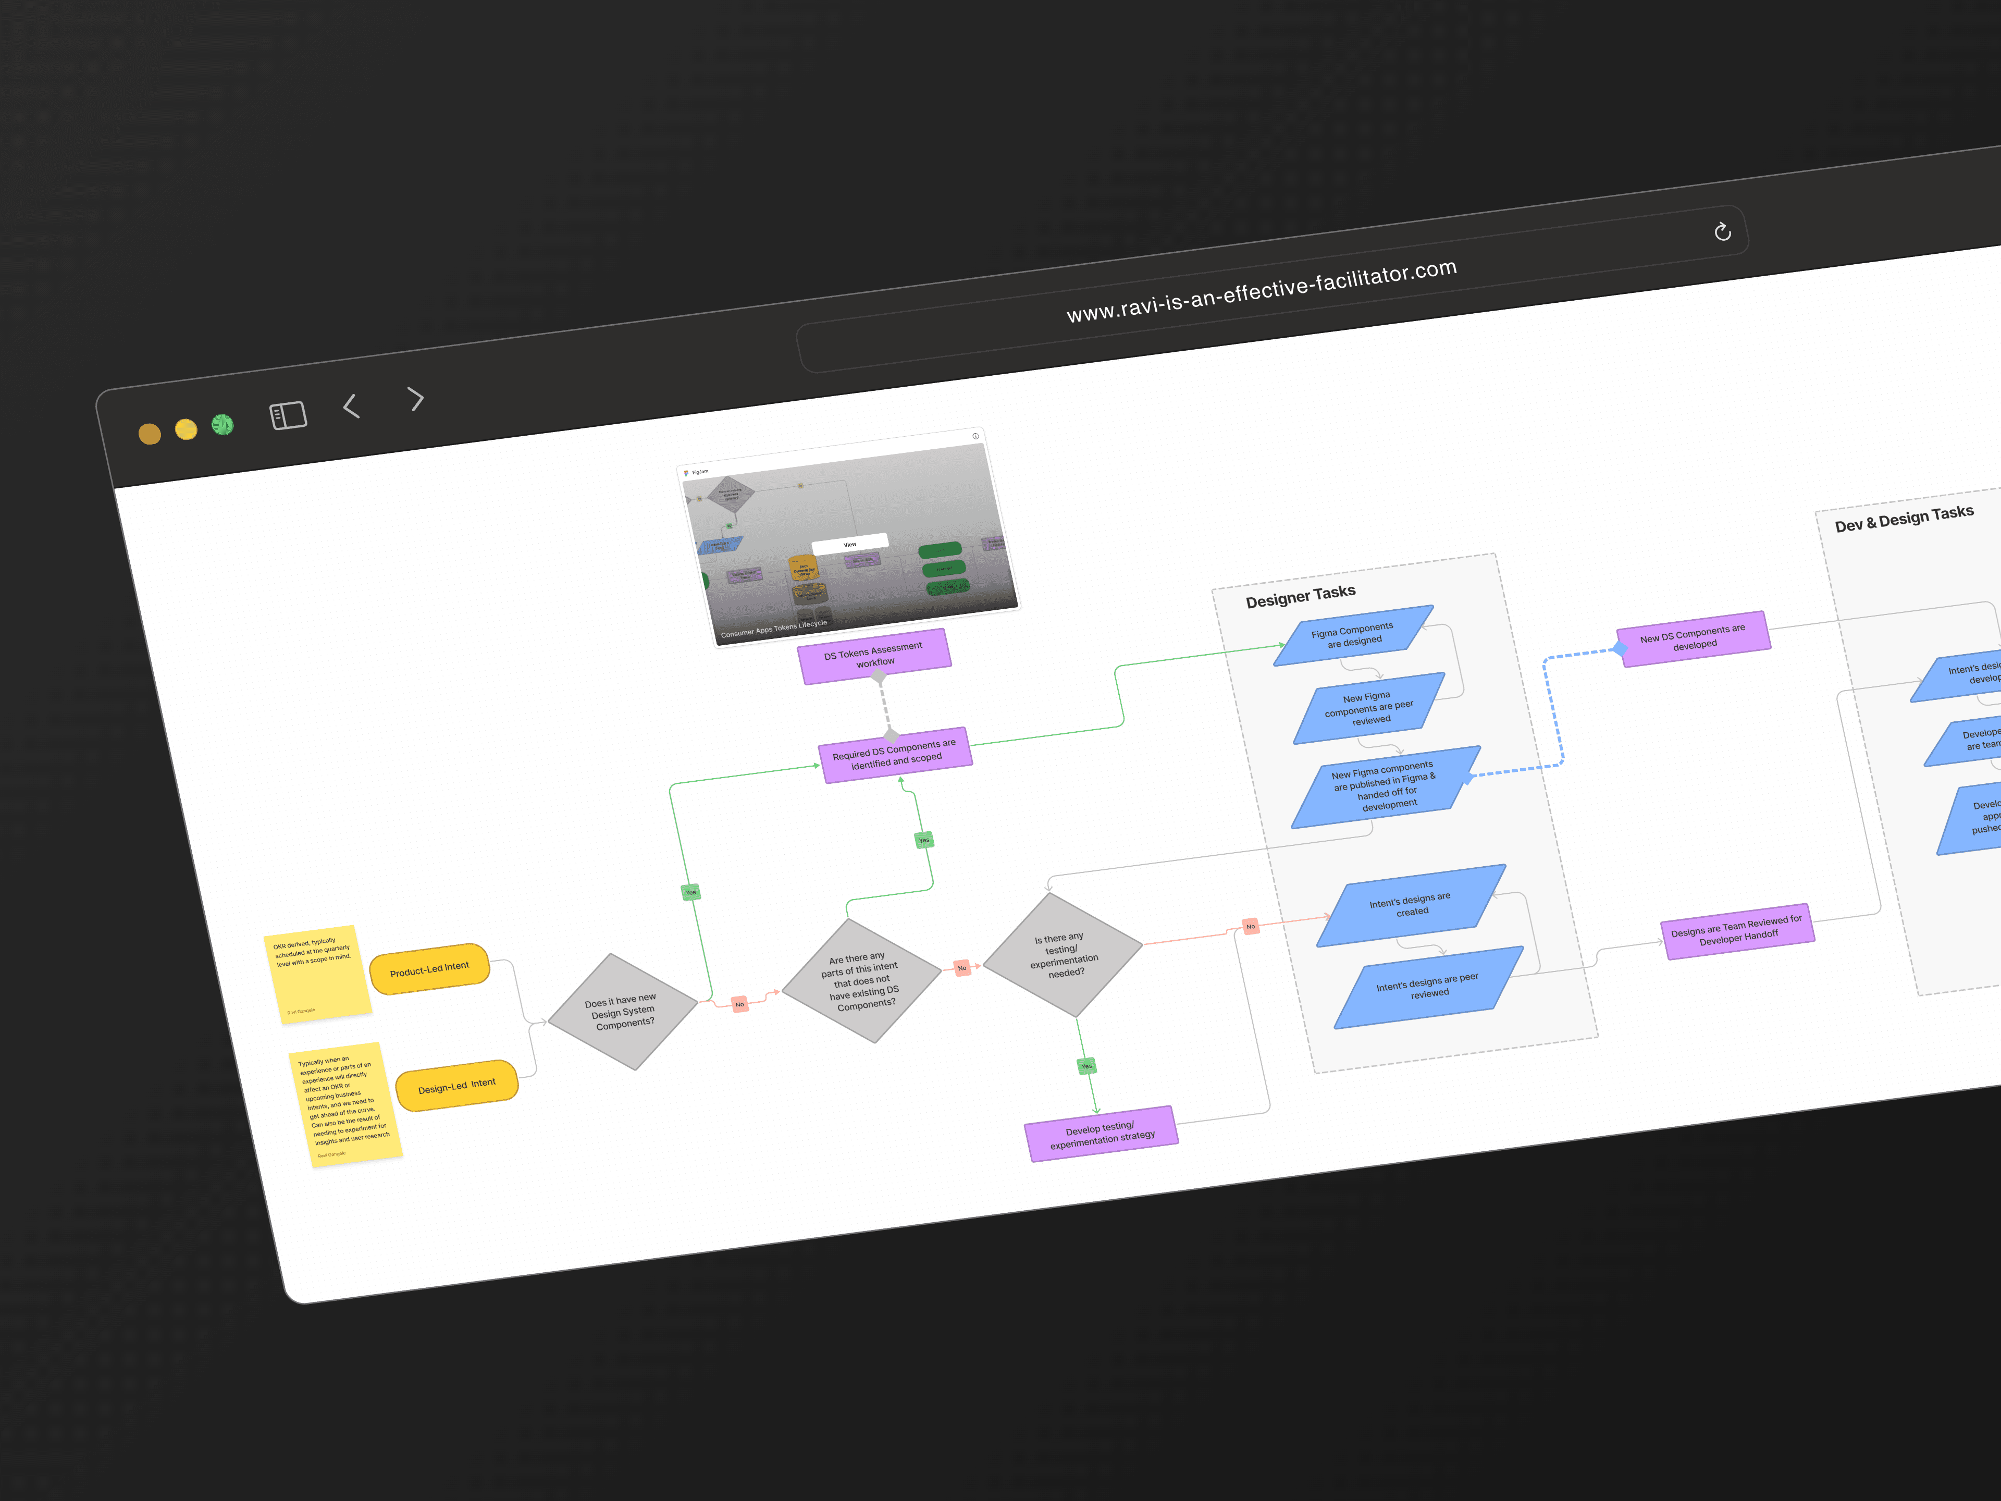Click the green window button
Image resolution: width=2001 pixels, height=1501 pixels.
point(223,424)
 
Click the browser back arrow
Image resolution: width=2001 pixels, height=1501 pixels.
point(352,406)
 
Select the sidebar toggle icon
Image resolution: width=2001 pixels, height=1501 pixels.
point(289,415)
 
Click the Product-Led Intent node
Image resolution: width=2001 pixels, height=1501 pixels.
point(430,969)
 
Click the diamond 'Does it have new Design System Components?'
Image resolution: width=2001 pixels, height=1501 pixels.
point(622,1012)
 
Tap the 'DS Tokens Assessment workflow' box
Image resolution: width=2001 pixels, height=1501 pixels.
point(874,656)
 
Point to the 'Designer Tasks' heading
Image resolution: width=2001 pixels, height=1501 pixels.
point(1300,596)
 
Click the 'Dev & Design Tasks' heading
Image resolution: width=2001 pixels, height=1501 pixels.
point(1904,519)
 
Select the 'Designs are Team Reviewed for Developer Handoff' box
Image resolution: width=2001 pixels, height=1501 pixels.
point(1737,931)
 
